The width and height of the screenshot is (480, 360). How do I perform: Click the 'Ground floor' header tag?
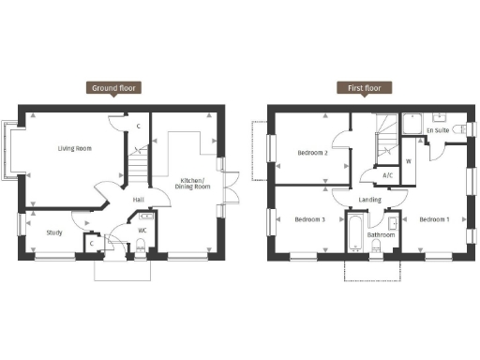point(115,88)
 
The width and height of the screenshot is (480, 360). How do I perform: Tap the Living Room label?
point(74,148)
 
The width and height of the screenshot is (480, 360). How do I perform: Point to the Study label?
point(54,232)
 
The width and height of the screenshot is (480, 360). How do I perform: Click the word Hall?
point(138,200)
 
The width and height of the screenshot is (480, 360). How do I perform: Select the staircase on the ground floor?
point(138,167)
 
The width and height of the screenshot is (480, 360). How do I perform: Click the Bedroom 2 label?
point(311,152)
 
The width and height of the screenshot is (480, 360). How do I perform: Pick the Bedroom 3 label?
point(309,220)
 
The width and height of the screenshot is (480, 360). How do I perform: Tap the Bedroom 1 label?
point(434,220)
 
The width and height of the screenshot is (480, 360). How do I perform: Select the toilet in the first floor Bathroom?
point(376,245)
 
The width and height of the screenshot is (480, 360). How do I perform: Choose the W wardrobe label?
point(409,160)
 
